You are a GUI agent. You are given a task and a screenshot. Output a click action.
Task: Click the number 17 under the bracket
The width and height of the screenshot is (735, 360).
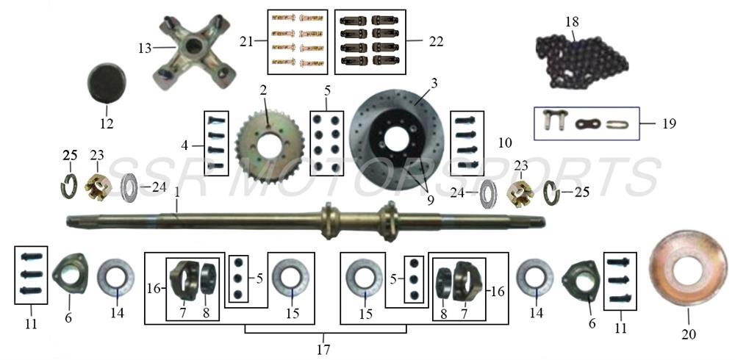pyautogui.click(x=323, y=350)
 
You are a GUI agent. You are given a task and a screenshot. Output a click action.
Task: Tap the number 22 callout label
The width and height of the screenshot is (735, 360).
pyautogui.click(x=436, y=43)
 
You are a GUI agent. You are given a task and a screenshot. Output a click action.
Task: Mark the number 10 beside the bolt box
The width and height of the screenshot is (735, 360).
pyautogui.click(x=505, y=140)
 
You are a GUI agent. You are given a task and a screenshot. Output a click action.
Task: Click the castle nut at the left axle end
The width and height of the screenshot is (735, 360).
pyautogui.click(x=97, y=189)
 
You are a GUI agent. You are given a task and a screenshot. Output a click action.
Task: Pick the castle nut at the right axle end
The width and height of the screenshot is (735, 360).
pyautogui.click(x=520, y=192)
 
